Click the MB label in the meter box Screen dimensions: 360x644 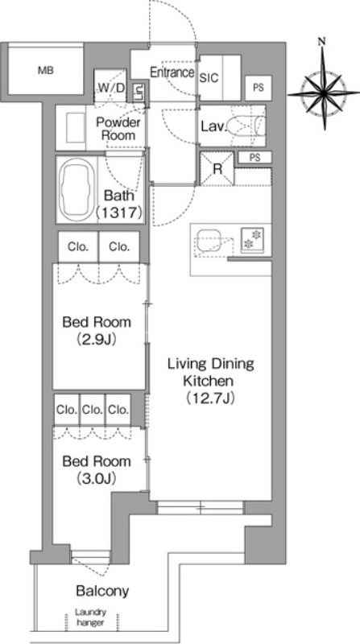tap(46, 71)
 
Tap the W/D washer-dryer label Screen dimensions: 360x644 tap(111, 87)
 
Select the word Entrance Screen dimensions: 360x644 tap(172, 72)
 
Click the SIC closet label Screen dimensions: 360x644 tap(209, 78)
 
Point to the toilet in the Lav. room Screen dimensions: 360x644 tap(247, 126)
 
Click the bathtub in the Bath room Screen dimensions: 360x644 tap(76, 189)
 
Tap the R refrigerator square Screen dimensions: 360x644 tap(217, 169)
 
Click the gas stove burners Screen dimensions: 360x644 tap(251, 239)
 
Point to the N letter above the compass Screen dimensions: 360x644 tap(322, 42)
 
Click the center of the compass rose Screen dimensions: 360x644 tap(324, 93)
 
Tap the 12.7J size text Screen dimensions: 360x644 tap(210, 398)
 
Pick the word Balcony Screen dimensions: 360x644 tap(102, 591)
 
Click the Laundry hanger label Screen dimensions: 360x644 tap(90, 617)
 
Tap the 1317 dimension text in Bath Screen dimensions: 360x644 tap(119, 212)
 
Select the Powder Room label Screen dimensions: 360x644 tap(118, 129)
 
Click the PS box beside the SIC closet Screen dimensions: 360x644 tap(259, 88)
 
